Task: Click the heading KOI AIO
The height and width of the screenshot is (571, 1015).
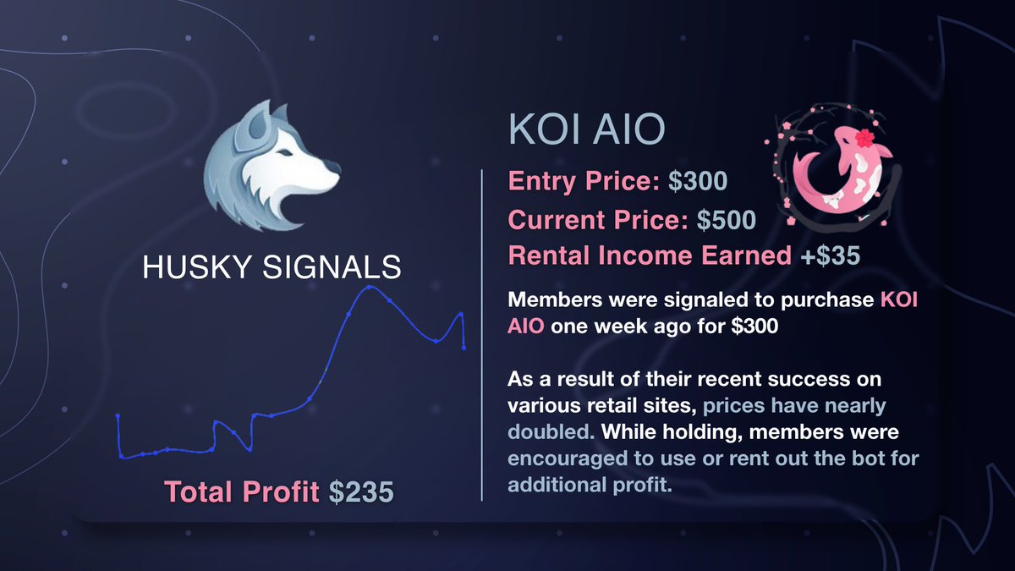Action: point(586,134)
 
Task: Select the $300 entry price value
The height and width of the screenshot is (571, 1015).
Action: point(695,182)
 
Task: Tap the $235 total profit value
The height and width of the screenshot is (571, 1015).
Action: point(361,491)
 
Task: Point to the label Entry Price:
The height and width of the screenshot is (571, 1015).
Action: point(580,182)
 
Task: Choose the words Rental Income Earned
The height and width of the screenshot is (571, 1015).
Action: point(650,256)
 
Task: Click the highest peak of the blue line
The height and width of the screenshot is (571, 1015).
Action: point(369,288)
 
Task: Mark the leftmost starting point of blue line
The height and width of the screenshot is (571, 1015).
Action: point(118,416)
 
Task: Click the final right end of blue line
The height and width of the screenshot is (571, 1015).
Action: point(464,347)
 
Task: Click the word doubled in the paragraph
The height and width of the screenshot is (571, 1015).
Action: point(546,431)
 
